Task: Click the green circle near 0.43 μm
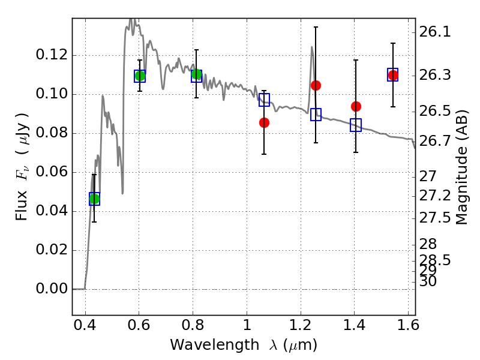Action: pyautogui.click(x=94, y=199)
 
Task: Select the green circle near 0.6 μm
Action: pyautogui.click(x=140, y=76)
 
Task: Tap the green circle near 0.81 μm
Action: pyautogui.click(x=196, y=74)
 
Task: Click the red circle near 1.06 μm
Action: pyautogui.click(x=264, y=122)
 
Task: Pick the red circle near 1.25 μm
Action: pyautogui.click(x=316, y=85)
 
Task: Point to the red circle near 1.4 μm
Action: pyautogui.click(x=356, y=106)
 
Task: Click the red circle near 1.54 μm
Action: pyautogui.click(x=393, y=75)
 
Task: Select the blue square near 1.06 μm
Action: pyautogui.click(x=264, y=100)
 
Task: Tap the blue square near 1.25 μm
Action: pyautogui.click(x=316, y=114)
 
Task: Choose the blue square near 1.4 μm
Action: pyautogui.click(x=356, y=125)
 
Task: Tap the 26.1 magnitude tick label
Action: pyautogui.click(x=436, y=32)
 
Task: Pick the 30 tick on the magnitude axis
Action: pyautogui.click(x=430, y=281)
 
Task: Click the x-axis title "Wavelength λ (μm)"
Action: pyautogui.click(x=243, y=345)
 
